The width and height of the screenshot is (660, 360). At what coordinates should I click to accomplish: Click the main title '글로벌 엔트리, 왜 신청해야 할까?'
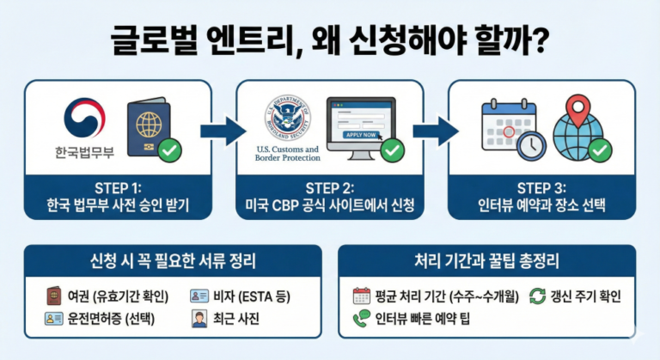click(x=329, y=40)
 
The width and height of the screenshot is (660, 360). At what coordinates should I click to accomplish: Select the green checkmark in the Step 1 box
click(x=170, y=151)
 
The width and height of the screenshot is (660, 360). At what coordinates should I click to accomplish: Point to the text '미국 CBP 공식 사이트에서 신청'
click(x=329, y=207)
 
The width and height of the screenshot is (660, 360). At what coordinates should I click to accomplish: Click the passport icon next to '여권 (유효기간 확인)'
click(x=53, y=296)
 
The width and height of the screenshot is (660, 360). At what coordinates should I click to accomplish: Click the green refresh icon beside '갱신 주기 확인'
click(x=538, y=296)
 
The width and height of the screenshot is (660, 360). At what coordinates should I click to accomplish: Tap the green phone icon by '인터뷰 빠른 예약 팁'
click(x=362, y=320)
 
